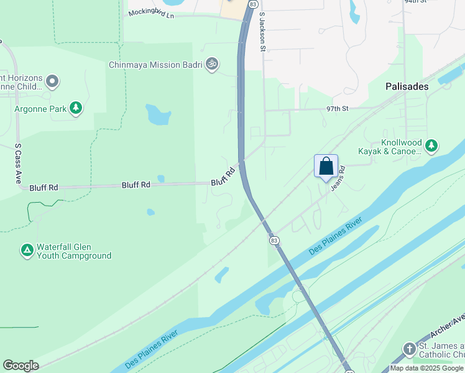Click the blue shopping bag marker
[326, 167]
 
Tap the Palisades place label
[407, 86]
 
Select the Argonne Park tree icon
[76, 108]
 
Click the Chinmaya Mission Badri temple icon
[212, 64]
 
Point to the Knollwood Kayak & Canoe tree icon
[431, 146]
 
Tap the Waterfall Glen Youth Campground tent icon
[27, 250]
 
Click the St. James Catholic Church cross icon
[409, 349]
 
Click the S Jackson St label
[262, 32]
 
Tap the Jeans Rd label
[339, 179]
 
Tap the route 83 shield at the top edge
[252, 4]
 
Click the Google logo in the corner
[21, 366]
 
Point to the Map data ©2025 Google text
[426, 368]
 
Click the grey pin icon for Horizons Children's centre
[52, 81]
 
